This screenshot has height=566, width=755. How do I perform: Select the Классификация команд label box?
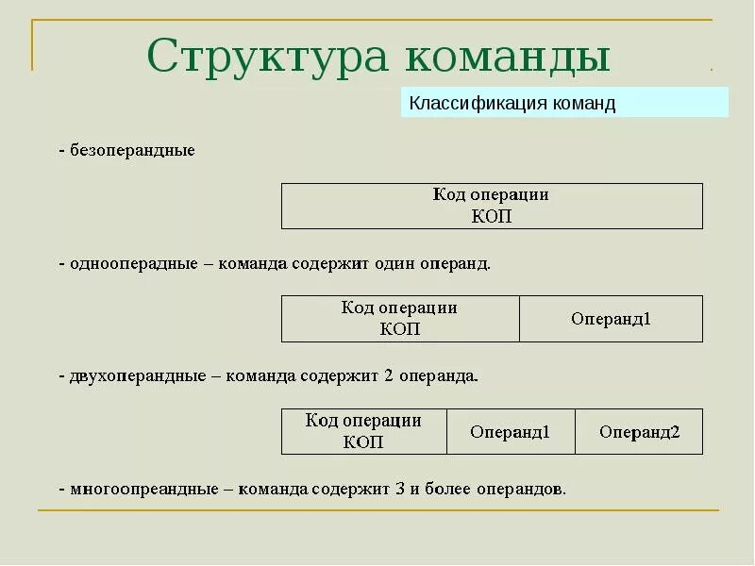pos(564,103)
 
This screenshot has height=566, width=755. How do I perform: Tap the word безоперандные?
pos(132,151)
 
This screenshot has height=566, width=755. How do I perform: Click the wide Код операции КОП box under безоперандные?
pos(492,206)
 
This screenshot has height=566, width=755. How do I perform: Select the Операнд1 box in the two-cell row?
pos(611,319)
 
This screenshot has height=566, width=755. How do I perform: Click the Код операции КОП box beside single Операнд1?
pos(400,319)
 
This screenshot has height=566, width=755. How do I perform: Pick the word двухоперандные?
pos(138,375)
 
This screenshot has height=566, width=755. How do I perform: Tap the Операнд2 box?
pos(639,432)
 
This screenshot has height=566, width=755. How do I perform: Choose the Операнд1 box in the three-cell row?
pos(510,432)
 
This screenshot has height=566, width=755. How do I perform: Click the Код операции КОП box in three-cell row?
pos(363,432)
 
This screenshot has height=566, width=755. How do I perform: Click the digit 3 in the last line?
pos(400,489)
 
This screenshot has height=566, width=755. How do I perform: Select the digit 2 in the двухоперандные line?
pos(388,375)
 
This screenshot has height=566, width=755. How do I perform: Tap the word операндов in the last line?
pos(519,489)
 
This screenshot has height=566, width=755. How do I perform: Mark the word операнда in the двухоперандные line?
pos(438,375)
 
